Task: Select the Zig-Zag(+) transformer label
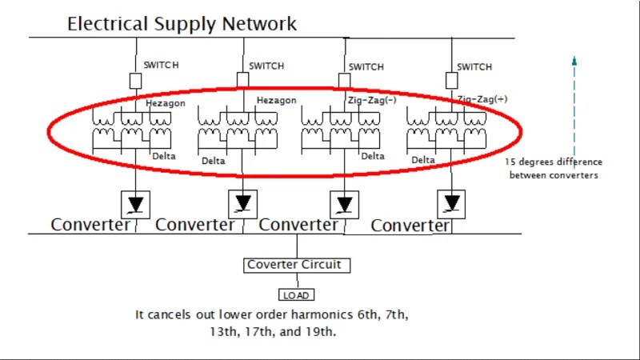(482, 99)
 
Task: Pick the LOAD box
(297, 294)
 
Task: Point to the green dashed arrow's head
(574, 58)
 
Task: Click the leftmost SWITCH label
(161, 65)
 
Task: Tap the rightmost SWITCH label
(474, 66)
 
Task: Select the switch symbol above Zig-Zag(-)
(344, 80)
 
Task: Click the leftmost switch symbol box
(135, 80)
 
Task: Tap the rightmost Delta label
(423, 160)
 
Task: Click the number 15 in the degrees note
(510, 162)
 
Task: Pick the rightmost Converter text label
(410, 226)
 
